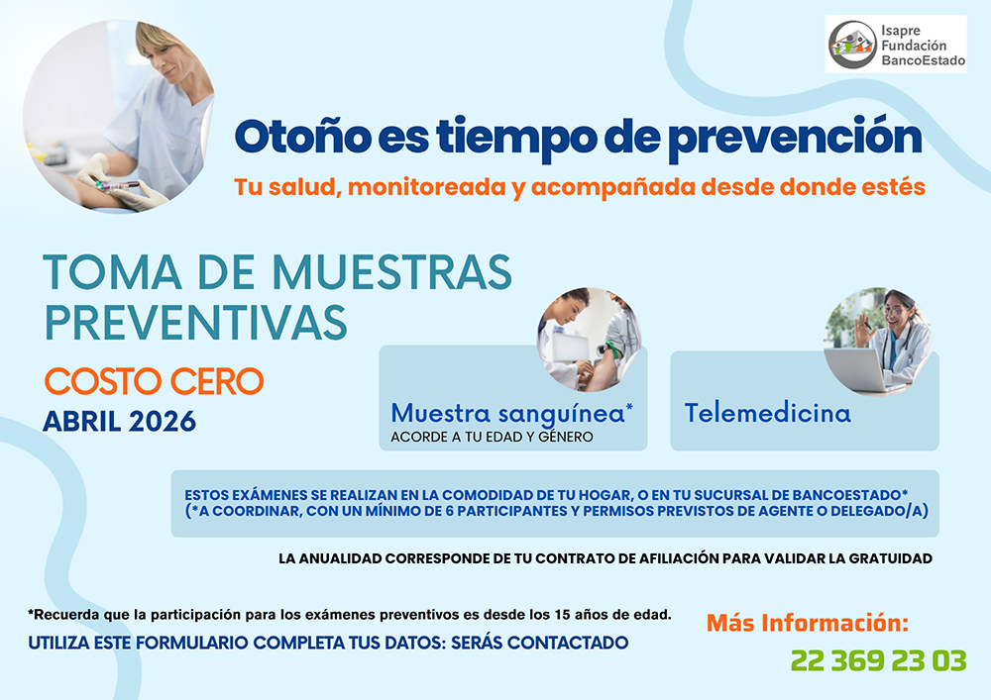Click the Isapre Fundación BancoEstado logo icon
tap(852, 45)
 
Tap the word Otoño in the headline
tap(302, 137)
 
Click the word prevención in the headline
tap(795, 139)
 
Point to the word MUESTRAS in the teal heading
tap(391, 272)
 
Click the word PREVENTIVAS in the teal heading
tap(196, 323)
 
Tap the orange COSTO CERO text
tap(155, 381)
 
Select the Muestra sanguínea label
tap(512, 414)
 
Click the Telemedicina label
tap(768, 414)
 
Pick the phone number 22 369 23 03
tap(878, 660)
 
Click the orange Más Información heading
tap(807, 623)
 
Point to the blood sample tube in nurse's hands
tap(117, 185)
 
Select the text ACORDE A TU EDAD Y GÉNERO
tap(492, 437)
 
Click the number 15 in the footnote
tap(563, 615)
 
